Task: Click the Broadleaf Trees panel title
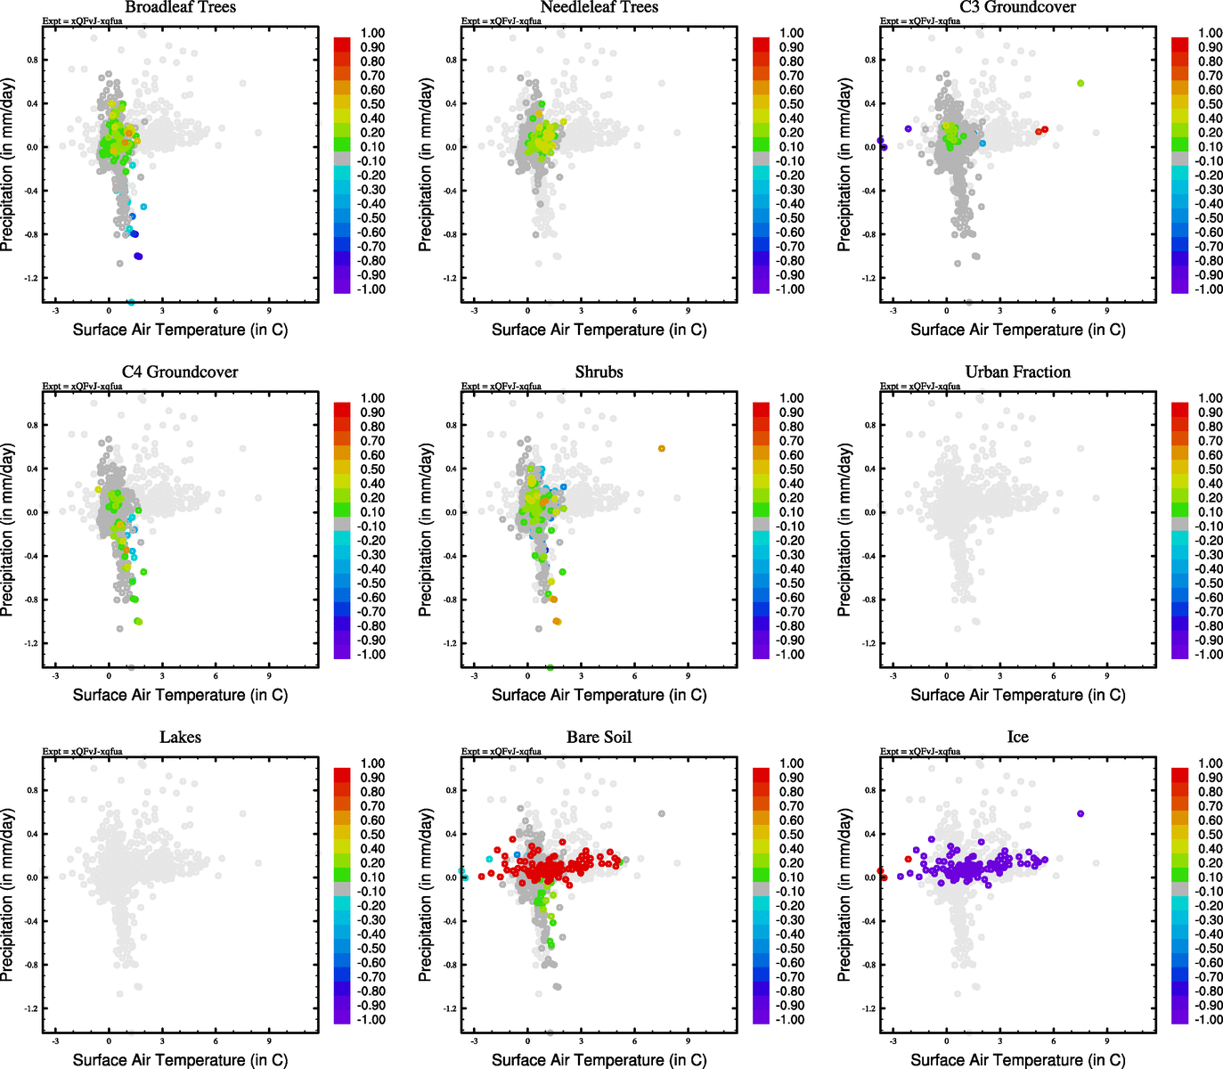[180, 7]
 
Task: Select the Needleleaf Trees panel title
[599, 7]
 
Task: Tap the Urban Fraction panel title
[1017, 371]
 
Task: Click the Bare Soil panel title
[599, 737]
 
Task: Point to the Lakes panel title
[180, 737]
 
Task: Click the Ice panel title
[1017, 737]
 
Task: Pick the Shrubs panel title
[599, 371]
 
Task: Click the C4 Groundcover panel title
[180, 371]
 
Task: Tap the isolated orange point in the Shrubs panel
[661, 448]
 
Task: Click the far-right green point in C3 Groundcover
[1080, 83]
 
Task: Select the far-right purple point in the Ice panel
[1080, 813]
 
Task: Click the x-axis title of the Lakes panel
[180, 1059]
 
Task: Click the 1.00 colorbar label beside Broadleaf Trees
[372, 33]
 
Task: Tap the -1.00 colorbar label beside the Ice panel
[1209, 1019]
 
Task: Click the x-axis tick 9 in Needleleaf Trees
[688, 311]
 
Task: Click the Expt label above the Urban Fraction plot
[920, 386]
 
